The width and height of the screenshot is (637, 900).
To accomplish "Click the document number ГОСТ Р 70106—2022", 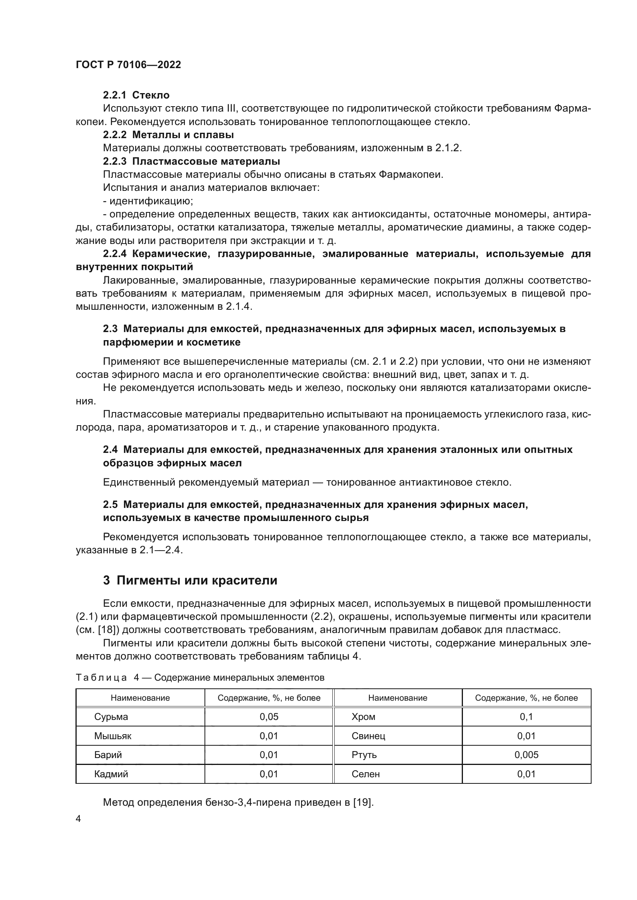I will pos(128,65).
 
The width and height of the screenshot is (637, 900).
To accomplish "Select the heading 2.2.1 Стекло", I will pos(136,95).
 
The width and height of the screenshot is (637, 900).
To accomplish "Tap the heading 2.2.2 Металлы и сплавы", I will pos(168,135).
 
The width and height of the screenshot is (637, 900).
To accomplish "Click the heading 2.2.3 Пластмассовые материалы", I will pos(191,161).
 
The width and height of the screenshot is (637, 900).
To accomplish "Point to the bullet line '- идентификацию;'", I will pos(148,201).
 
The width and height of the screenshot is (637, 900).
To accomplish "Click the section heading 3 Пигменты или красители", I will pos(190,580).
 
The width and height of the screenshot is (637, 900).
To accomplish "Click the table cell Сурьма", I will pos(111,716).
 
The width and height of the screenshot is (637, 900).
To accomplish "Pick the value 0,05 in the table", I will pos(269,716).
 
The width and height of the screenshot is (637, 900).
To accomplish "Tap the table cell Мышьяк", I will pos(112,736).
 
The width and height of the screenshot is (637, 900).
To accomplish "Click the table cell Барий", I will pos(108,755).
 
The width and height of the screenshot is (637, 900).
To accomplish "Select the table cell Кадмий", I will pos(111,774).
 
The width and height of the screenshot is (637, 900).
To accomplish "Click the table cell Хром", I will pos(363,716).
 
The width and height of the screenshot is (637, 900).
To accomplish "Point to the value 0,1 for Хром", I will pos(526,716).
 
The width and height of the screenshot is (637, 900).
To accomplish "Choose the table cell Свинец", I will pos(368,736).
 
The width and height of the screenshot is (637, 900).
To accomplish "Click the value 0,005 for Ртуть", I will pos(526,755).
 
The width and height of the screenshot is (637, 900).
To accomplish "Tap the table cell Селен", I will pos(365,774).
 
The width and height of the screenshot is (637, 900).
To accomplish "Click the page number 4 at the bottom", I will pos(79,819).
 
